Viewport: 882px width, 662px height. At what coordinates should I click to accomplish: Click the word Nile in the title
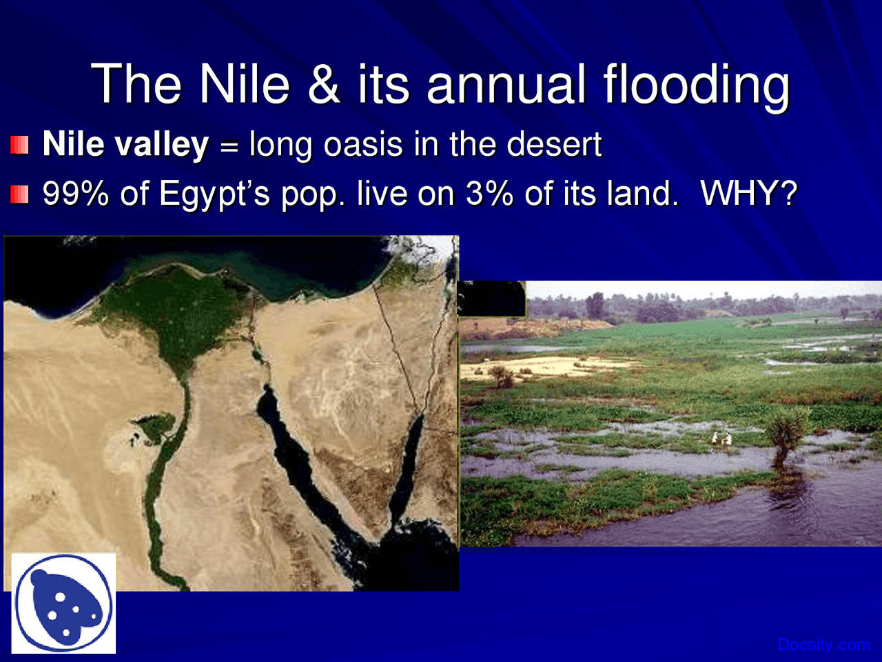[245, 84]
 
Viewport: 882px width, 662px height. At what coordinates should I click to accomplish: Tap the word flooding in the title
[696, 86]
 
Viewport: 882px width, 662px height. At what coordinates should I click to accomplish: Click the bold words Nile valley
[125, 145]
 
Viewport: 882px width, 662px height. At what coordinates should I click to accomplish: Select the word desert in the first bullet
[554, 145]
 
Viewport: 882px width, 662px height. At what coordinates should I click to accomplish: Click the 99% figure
[75, 194]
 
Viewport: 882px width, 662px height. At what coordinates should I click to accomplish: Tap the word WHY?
[748, 194]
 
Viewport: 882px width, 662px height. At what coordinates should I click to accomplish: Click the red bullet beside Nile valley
[19, 145]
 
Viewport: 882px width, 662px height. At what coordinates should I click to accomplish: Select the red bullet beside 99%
[19, 194]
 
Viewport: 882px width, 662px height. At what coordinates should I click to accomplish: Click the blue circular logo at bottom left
[63, 603]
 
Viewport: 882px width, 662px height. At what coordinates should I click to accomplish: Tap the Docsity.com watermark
[823, 645]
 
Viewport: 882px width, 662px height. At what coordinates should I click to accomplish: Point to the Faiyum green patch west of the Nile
[156, 422]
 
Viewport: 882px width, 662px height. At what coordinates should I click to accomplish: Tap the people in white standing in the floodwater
[721, 437]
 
